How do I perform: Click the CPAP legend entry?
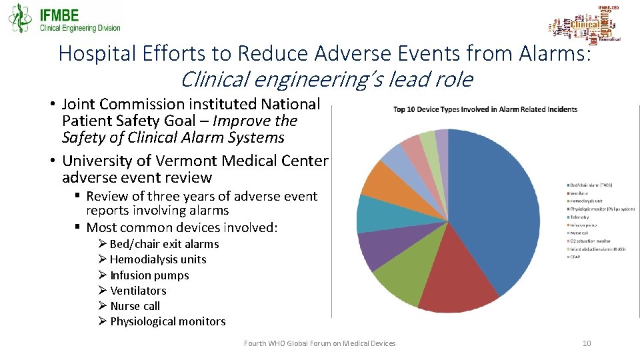pos(574,257)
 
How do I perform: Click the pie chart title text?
pos(485,109)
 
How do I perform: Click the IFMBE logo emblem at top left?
pos(20,18)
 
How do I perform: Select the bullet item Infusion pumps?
pos(149,275)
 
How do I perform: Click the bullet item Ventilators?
pos(138,291)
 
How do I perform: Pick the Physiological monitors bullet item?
pos(167,321)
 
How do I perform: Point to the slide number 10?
pos(587,343)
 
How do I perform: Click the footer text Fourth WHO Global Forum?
pos(319,343)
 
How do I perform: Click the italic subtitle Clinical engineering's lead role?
pos(326,79)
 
